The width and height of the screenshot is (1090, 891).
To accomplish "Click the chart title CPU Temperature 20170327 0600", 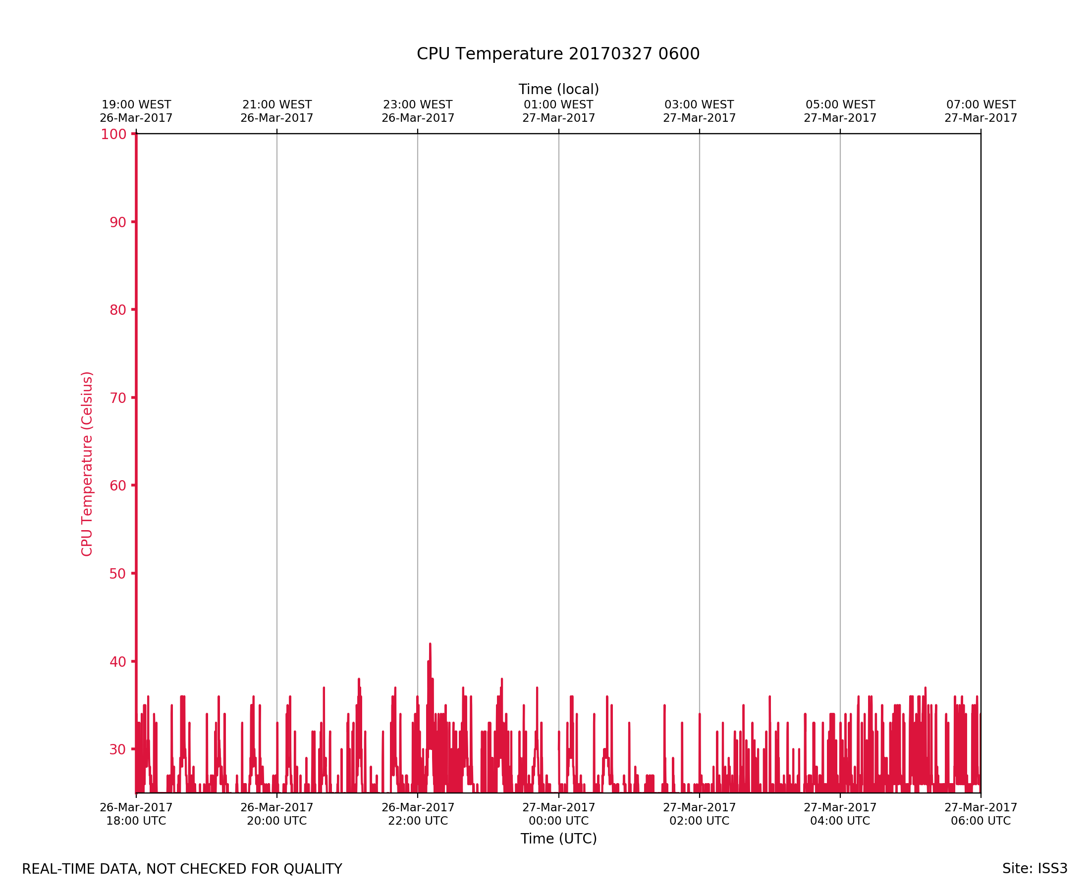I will pos(558,54).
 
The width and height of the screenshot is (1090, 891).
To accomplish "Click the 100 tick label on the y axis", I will pos(113,135).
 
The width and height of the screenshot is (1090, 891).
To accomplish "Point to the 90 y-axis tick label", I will pos(117,222).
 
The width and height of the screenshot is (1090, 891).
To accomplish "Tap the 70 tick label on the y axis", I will pos(117,398).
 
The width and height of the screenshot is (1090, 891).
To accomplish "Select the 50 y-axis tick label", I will pos(117,574).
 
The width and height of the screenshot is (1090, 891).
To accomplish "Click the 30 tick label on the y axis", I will pos(117,749).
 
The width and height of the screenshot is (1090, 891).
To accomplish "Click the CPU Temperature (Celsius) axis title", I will pos(87,464).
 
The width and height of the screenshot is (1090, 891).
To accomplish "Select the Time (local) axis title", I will pos(558,89).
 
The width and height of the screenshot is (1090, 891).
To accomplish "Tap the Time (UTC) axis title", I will pos(558,839).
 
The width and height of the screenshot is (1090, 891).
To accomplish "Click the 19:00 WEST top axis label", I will pos(136,111).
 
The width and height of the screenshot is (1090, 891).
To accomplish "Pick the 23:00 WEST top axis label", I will pos(418,111).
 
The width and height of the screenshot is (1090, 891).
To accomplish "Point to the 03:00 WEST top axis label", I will pos(699,111).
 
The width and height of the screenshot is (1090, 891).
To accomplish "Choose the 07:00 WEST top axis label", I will pos(981,111).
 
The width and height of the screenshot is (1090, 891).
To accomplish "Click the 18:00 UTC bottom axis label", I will pos(136,814).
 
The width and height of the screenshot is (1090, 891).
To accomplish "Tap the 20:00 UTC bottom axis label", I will pos(277,814).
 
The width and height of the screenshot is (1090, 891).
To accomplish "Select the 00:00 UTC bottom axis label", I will pos(558,814).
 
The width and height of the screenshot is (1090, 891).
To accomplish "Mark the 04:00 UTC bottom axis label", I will pos(840,814).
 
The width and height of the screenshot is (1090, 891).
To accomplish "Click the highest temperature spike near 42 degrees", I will pos(430,644).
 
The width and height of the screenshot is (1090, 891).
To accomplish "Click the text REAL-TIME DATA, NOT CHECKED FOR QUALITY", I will pos(182,869).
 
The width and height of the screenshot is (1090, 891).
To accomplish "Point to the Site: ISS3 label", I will pos(1035,869).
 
